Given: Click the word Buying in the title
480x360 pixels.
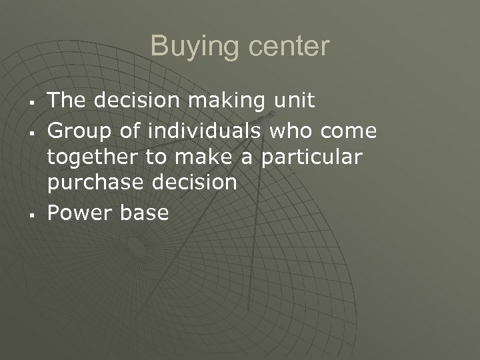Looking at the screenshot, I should [x=189, y=47].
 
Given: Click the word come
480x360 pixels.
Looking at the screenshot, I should [x=349, y=130].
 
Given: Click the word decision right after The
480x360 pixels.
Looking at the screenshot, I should [x=136, y=101].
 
